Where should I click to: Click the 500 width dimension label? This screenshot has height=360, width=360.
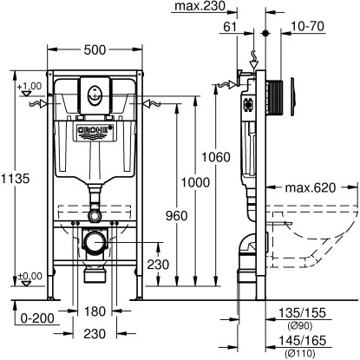95,50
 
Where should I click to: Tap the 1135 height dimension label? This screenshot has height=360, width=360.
15,179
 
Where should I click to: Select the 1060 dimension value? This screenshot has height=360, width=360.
216,157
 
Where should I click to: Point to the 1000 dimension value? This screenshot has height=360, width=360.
195,182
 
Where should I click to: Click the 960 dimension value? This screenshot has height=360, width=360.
176,216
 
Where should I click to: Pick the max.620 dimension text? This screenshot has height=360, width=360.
311,187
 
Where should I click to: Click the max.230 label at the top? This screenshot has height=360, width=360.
200,6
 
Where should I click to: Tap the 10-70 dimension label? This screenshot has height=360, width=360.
307,26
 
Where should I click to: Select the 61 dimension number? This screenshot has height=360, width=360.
230,27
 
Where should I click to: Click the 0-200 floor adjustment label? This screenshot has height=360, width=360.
37,318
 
